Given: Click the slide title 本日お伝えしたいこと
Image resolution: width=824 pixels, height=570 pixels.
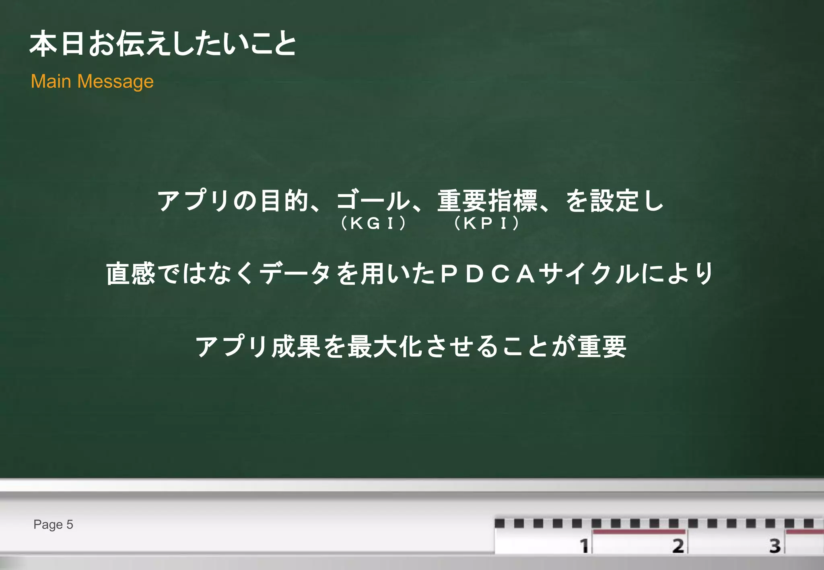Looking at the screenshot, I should click(163, 43).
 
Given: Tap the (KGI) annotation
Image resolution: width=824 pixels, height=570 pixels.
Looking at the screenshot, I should click(373, 223).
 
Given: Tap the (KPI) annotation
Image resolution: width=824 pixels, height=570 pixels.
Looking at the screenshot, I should click(486, 223).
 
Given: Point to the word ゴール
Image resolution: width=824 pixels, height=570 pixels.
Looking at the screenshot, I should click(373, 201).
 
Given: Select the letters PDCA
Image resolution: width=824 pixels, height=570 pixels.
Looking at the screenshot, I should click(488, 274).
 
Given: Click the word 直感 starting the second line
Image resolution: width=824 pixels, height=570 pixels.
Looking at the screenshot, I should click(130, 274).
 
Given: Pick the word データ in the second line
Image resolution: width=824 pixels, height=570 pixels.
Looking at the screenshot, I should click(295, 274).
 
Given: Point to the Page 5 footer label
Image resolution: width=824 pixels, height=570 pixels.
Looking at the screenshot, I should click(53, 525).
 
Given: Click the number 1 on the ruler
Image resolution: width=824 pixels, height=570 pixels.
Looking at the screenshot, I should click(584, 546).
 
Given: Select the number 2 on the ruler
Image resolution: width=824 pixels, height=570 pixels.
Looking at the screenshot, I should click(678, 546).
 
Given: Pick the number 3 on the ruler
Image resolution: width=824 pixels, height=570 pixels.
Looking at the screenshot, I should click(775, 546).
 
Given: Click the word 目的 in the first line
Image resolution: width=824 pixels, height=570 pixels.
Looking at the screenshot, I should click(284, 201).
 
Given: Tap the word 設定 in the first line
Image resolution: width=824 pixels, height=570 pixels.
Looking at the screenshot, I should click(614, 201).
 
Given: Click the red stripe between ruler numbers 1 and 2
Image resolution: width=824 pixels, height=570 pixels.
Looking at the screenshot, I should click(639, 532).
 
